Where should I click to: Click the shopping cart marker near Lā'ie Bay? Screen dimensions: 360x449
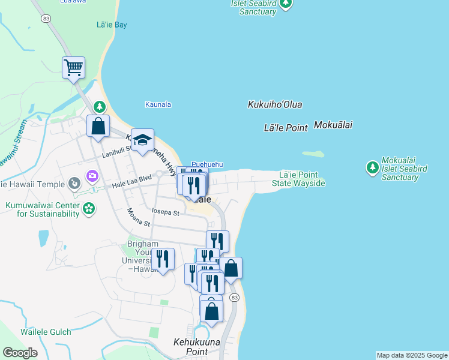[73, 68]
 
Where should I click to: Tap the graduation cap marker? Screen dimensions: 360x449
[142, 140]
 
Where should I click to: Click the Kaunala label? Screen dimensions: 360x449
[158, 104]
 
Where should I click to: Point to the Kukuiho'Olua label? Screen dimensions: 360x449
[275, 104]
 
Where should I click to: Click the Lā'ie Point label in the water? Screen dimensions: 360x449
[286, 127]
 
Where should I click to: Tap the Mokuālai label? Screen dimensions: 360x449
[333, 125]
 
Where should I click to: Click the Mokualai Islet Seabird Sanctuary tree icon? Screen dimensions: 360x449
[372, 166]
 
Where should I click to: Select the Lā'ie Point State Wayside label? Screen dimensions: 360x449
[298, 179]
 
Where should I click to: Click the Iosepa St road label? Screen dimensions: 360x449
[166, 213]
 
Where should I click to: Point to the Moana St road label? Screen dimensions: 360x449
[137, 217]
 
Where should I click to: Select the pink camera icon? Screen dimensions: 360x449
[92, 176]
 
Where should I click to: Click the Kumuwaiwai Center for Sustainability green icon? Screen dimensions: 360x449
[89, 209]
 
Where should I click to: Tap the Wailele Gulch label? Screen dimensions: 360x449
[46, 332]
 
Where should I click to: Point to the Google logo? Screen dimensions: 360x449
[20, 353]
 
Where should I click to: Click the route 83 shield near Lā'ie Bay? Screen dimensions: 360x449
[45, 20]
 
